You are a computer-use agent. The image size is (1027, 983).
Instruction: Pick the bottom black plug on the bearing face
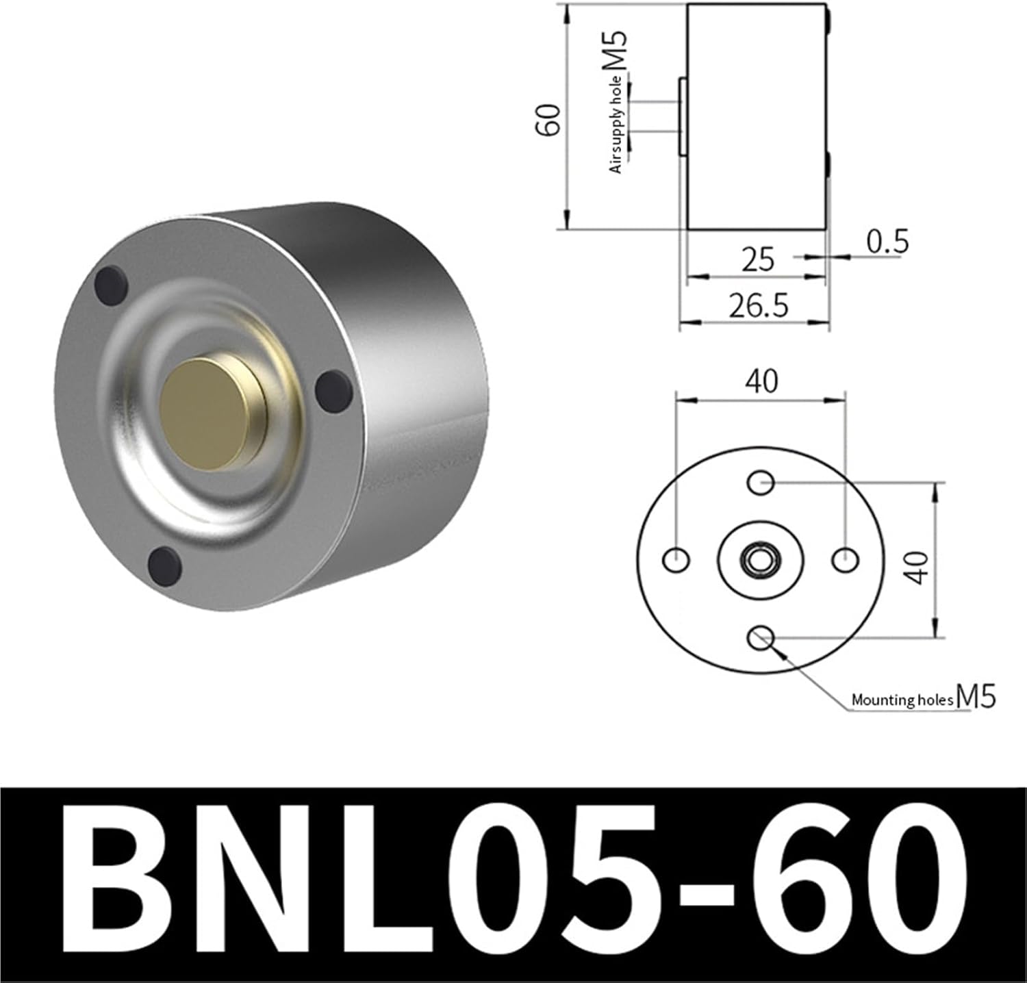tap(164, 565)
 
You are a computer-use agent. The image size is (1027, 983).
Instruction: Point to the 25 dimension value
tap(758, 259)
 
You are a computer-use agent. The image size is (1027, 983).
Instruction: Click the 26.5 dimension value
tap(758, 305)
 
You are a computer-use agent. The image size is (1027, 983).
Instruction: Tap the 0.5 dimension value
tap(887, 242)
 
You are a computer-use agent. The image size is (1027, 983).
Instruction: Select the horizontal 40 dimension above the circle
tap(762, 381)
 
